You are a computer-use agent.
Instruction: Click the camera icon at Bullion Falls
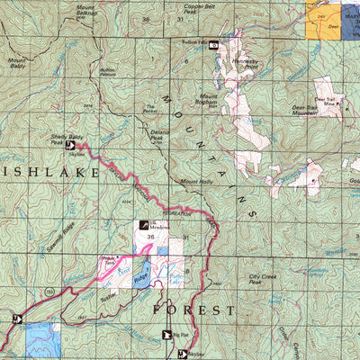coord(214,43)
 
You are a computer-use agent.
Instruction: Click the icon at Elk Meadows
coord(142,225)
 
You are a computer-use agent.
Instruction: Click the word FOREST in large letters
coord(193,310)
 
